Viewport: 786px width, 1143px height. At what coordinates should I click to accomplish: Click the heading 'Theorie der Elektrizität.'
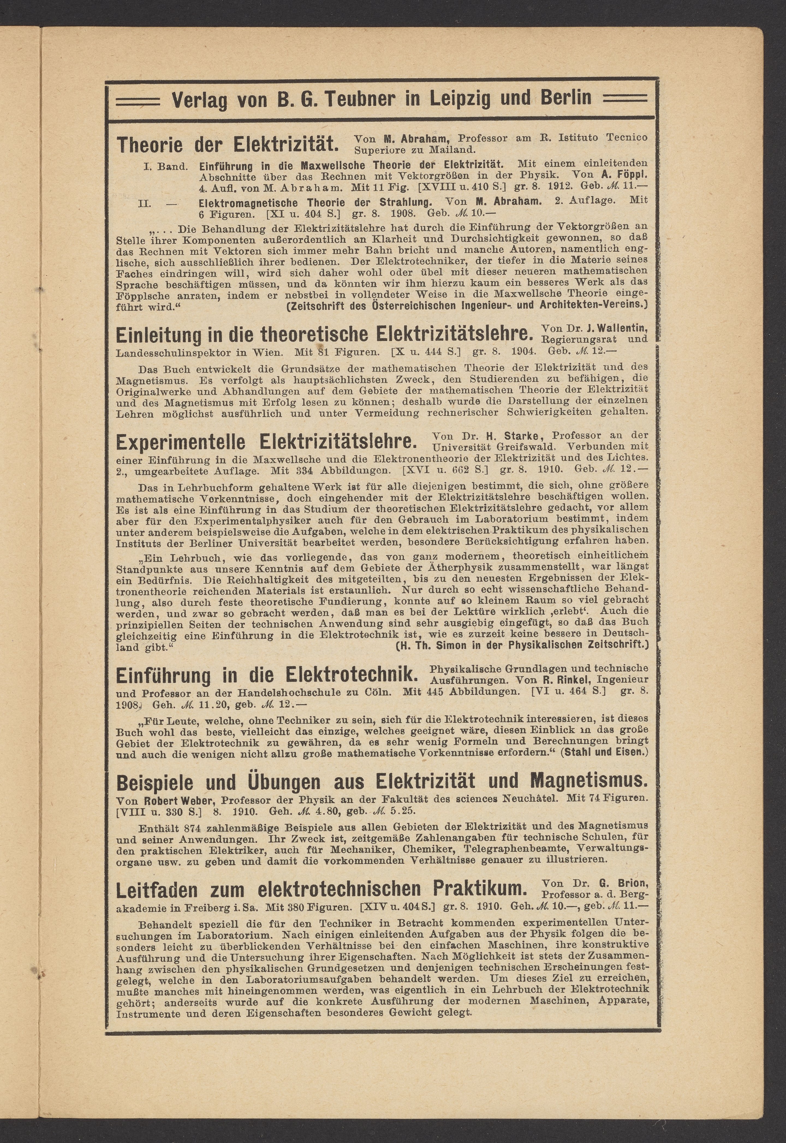pyautogui.click(x=228, y=144)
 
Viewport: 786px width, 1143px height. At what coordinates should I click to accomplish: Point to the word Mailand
pyautogui.click(x=457, y=149)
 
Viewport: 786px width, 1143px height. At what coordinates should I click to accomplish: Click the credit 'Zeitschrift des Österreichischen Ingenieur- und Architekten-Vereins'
pyautogui.click(x=467, y=305)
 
